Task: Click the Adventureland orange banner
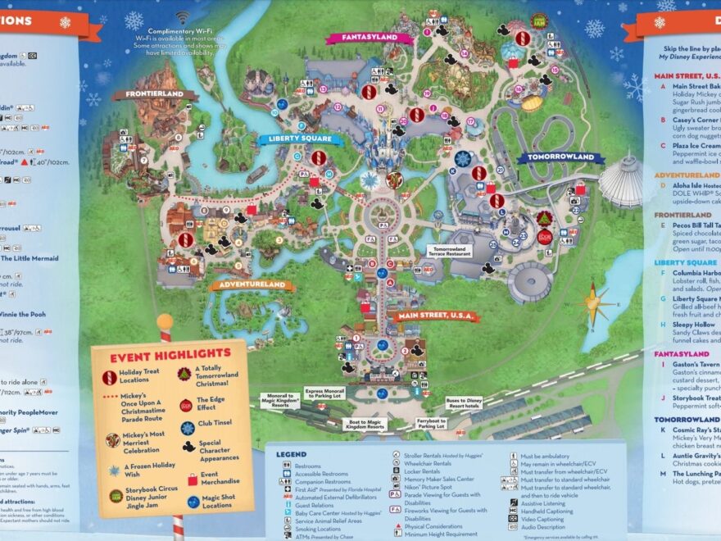[x=252, y=285]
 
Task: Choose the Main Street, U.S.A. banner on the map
[x=433, y=316]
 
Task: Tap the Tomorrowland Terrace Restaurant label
[x=451, y=252]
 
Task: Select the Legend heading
[x=291, y=453]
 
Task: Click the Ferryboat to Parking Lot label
[x=430, y=424]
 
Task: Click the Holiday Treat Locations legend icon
[x=109, y=378]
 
